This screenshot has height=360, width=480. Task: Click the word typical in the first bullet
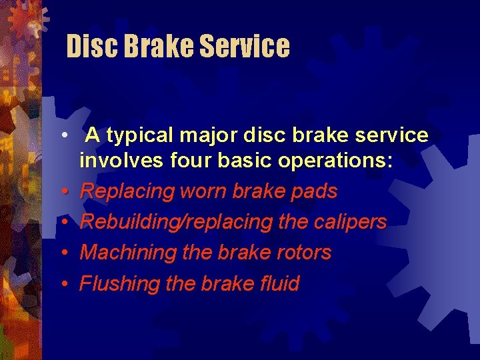pos(140,136)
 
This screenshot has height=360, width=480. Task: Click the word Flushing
pos(119,284)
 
